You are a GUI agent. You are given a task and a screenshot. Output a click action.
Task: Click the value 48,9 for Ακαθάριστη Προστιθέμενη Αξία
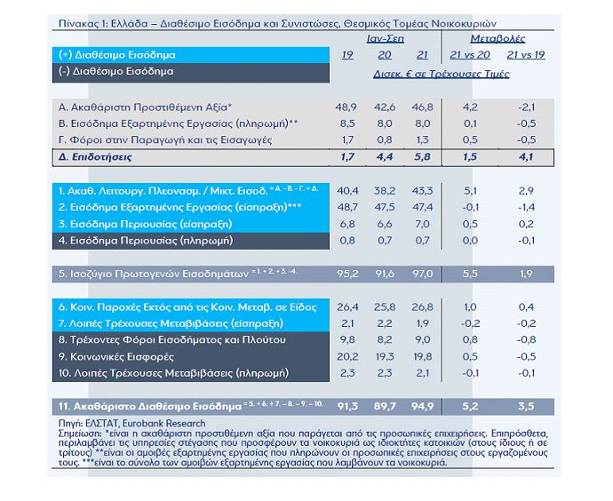[347, 107]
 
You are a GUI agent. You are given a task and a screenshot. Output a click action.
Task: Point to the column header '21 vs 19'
[528, 56]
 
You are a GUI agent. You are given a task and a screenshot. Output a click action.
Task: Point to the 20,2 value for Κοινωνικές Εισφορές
[347, 354]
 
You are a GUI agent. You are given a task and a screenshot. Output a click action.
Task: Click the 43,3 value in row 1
[421, 191]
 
